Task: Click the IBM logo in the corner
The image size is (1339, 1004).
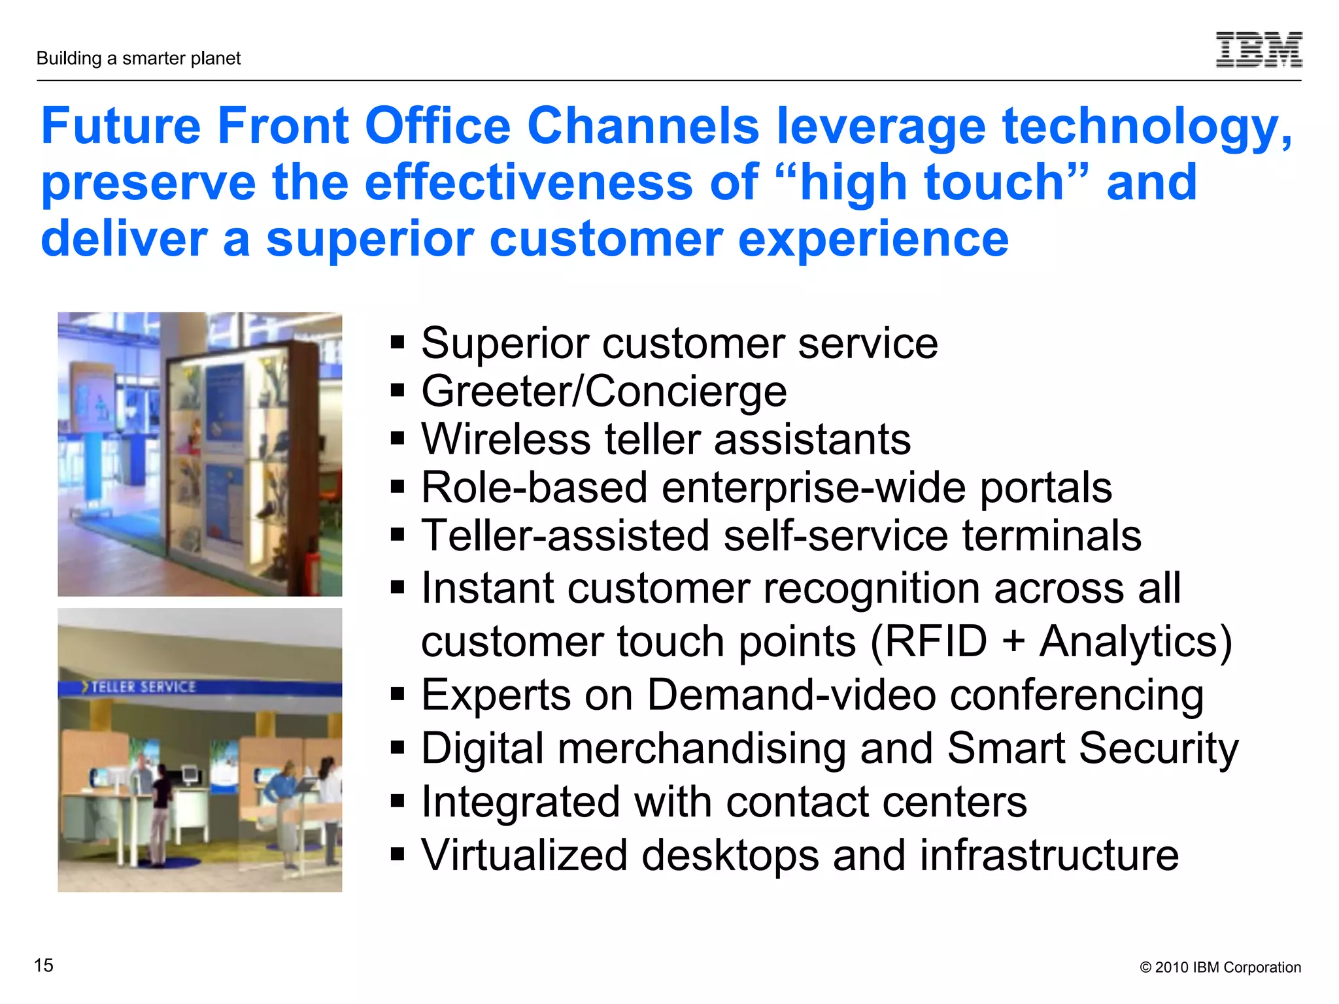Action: [x=1259, y=50]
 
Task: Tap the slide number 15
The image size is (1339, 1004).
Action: [x=43, y=965]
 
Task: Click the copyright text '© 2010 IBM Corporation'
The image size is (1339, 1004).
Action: [x=1220, y=967]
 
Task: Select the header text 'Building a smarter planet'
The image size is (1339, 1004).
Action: [x=139, y=58]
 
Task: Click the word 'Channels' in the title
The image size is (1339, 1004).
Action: [x=643, y=125]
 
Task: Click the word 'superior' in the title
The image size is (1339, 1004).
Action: [x=369, y=240]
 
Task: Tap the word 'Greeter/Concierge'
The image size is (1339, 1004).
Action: [x=603, y=392]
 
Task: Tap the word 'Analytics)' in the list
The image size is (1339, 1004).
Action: [x=1136, y=642]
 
